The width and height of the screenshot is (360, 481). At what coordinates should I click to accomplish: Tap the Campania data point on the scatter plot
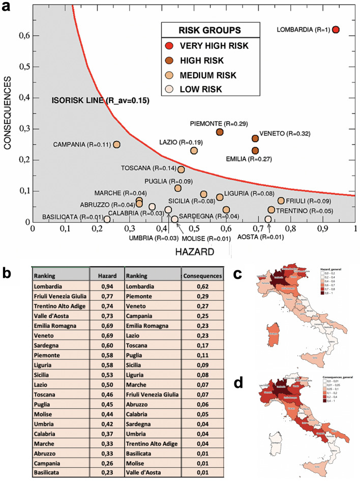pos(117,145)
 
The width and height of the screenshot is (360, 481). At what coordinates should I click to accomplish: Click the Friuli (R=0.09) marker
pos(281,201)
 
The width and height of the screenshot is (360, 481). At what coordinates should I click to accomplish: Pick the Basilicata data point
pos(107,219)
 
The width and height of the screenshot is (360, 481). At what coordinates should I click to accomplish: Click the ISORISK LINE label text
pos(100,101)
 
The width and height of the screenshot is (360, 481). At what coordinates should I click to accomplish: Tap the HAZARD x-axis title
pos(194,251)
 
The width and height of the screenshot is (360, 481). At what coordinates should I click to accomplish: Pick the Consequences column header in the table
pos(202,275)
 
